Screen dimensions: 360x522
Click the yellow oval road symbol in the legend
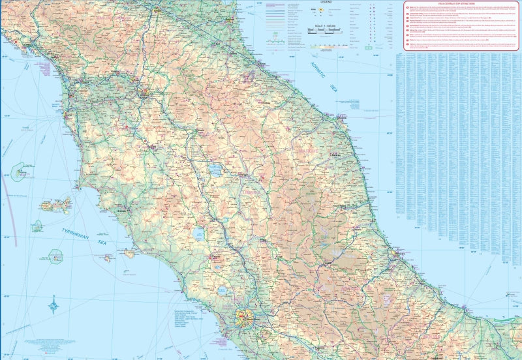pos(330,11)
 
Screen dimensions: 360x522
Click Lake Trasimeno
pos(214,172)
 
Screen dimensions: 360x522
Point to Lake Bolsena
pos(200,234)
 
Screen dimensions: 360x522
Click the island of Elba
pos(55,205)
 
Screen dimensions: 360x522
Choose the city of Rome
pos(245,320)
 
